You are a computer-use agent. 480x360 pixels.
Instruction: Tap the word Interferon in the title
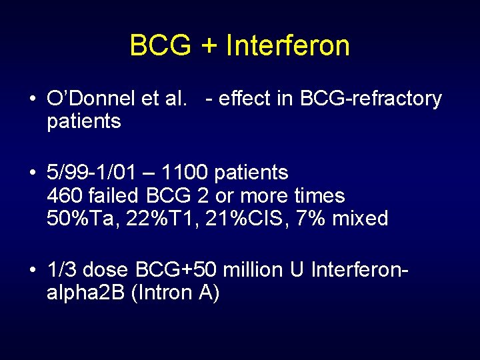click(288, 45)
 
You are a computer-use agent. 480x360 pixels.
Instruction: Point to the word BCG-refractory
click(371, 99)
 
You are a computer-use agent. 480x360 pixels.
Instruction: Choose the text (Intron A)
click(176, 292)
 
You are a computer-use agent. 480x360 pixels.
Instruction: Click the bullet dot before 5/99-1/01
click(32, 173)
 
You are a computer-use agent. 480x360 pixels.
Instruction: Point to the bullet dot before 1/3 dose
click(32, 270)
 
